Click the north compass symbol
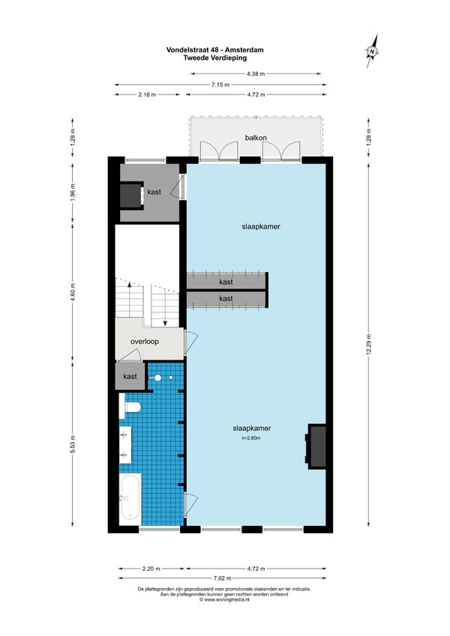click(x=372, y=51)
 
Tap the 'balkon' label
click(x=256, y=138)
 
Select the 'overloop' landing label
click(x=145, y=342)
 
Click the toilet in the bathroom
click(x=130, y=406)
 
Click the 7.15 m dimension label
click(x=220, y=85)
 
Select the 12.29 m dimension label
click(x=369, y=344)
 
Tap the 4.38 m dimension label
click(x=256, y=74)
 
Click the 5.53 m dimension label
click(x=73, y=444)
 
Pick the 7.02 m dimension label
click(x=222, y=578)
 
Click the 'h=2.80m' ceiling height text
click(x=251, y=438)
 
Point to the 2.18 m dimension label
click(x=147, y=94)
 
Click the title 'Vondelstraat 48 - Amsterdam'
click(x=214, y=50)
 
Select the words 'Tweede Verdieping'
click(x=214, y=58)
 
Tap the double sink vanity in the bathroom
click(x=125, y=444)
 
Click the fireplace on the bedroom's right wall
click(x=316, y=446)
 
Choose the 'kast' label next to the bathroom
click(x=130, y=376)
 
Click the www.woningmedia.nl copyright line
click(x=224, y=599)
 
